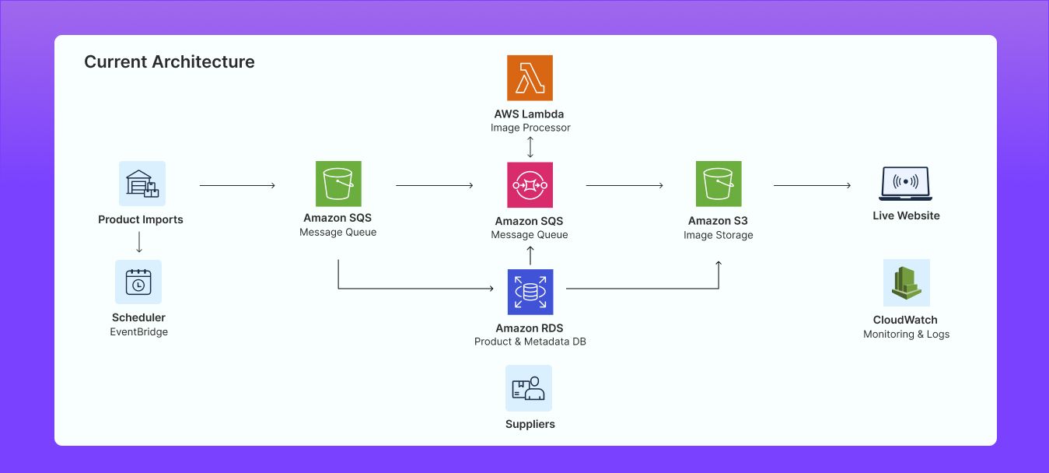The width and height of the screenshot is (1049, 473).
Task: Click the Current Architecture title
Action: tap(169, 62)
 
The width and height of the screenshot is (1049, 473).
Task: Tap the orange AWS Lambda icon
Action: tap(530, 78)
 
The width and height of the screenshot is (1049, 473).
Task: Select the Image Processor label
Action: tap(530, 128)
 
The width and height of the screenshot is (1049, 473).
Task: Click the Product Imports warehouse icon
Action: tap(142, 184)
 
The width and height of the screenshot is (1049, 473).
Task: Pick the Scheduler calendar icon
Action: tap(138, 282)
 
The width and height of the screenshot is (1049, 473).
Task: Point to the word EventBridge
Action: tap(138, 332)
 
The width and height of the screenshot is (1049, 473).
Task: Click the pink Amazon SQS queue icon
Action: tap(530, 185)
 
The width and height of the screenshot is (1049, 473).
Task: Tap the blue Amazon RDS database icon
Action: tap(530, 292)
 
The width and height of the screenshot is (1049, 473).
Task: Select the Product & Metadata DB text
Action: tap(530, 342)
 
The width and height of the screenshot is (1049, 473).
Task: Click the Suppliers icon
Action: tap(529, 388)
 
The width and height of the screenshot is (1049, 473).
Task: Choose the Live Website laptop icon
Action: tap(905, 184)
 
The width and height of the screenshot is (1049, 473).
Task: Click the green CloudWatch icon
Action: tap(906, 282)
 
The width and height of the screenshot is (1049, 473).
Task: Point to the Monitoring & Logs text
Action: tap(906, 335)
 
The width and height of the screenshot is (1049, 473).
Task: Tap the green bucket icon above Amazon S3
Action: tap(719, 184)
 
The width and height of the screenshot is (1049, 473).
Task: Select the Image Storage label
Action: tap(719, 235)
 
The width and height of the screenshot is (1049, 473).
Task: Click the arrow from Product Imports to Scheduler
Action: tap(139, 243)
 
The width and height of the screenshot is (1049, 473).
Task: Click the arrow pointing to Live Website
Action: tap(812, 186)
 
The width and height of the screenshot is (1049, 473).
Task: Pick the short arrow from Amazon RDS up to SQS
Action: tap(530, 256)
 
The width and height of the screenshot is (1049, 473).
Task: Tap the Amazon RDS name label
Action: tap(530, 328)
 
